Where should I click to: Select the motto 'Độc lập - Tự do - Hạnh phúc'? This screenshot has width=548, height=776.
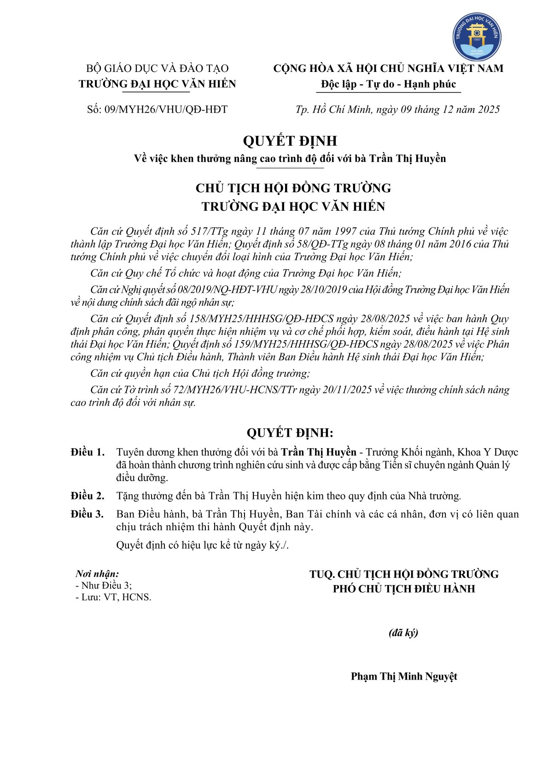388,84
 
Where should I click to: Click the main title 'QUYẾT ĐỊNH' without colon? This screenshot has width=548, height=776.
290,141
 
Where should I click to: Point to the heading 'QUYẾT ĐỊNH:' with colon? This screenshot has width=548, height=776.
290,432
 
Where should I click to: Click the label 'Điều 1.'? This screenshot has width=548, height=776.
87,452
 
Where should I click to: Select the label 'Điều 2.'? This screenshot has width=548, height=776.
87,496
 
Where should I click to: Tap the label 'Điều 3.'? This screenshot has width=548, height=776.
87,514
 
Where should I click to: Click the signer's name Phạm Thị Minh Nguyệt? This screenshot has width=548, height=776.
404,676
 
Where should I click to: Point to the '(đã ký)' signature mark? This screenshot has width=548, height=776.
403,633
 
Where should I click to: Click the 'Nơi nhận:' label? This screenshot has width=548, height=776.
97,574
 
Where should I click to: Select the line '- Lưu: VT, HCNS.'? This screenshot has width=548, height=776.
113,597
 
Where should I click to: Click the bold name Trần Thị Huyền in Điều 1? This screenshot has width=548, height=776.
319,452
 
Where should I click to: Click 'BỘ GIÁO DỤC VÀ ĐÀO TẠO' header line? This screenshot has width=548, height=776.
157,69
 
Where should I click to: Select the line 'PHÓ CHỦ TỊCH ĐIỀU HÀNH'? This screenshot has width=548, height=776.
404,589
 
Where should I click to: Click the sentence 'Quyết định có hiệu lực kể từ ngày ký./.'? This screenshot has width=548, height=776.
202,545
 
